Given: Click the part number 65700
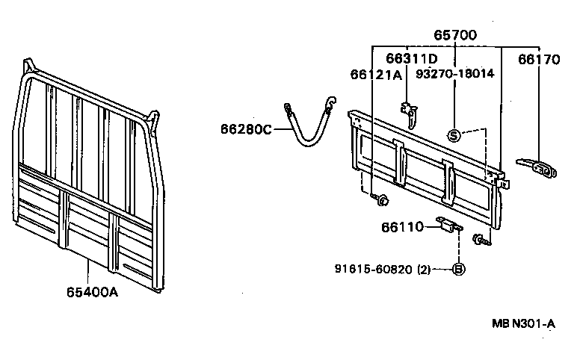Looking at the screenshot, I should [455, 34].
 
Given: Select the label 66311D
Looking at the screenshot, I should [411, 58].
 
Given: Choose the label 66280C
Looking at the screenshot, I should [246, 129].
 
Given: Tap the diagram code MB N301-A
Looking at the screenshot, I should [523, 323].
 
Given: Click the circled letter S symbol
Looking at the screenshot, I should [453, 135].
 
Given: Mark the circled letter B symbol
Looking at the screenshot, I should [458, 269].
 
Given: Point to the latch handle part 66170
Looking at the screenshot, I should [536, 167].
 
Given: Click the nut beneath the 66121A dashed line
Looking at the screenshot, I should [381, 199].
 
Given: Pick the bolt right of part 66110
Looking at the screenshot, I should [478, 239].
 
